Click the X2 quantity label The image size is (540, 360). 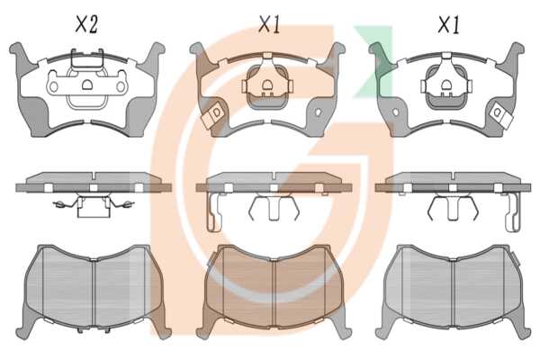[86, 25]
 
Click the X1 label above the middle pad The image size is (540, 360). [270, 25]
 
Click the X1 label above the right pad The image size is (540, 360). [449, 25]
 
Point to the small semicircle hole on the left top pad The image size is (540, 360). [87, 85]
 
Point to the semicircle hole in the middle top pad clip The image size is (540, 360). [267, 85]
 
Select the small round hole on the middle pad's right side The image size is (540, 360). [319, 112]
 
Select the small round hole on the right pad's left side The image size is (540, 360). [396, 112]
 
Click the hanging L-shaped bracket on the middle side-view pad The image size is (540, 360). [214, 211]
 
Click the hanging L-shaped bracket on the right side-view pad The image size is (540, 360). [513, 211]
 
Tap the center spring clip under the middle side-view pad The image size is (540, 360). [274, 207]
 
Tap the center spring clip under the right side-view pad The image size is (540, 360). [453, 207]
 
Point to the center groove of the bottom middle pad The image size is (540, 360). [274, 292]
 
